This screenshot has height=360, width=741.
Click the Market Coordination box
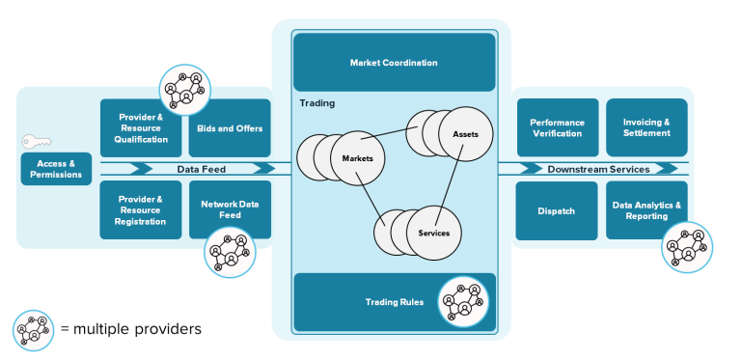pyautogui.click(x=394, y=63)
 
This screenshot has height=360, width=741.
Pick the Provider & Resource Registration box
pyautogui.click(x=142, y=209)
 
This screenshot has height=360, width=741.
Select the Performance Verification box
pyautogui.click(x=556, y=127)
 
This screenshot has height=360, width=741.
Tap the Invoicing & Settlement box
pyautogui.click(x=645, y=127)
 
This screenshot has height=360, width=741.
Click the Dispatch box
pyautogui.click(x=556, y=210)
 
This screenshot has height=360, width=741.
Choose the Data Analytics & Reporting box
pyautogui.click(x=645, y=209)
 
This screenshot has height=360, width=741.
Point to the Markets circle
pyautogui.click(x=358, y=157)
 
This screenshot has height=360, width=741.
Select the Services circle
pyautogui.click(x=433, y=233)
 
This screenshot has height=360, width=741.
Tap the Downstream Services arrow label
pyautogui.click(x=598, y=169)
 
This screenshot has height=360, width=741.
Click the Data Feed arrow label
pyautogui.click(x=201, y=169)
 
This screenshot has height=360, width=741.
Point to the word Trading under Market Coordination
pyautogui.click(x=316, y=102)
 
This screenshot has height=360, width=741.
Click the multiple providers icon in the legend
pyautogui.click(x=34, y=330)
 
